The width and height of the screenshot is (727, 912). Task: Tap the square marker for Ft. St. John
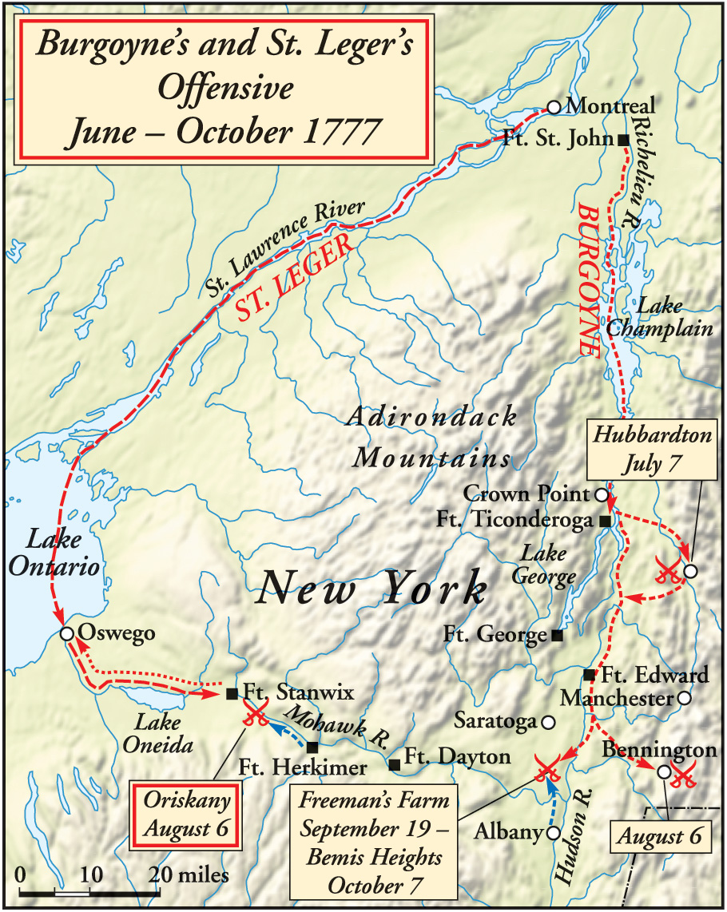point(624,139)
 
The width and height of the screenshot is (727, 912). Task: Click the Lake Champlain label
point(648,317)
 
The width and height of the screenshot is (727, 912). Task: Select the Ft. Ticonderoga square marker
point(605,521)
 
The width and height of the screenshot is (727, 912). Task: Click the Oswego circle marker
point(67,634)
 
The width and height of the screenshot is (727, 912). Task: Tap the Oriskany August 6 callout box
point(186,813)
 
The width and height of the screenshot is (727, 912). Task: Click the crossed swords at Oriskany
point(256,714)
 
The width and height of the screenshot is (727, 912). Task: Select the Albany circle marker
point(552,833)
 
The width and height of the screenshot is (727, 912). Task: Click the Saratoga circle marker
point(548,722)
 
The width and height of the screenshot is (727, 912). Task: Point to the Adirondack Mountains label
point(431,438)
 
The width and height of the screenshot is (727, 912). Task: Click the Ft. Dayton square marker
point(394,764)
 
